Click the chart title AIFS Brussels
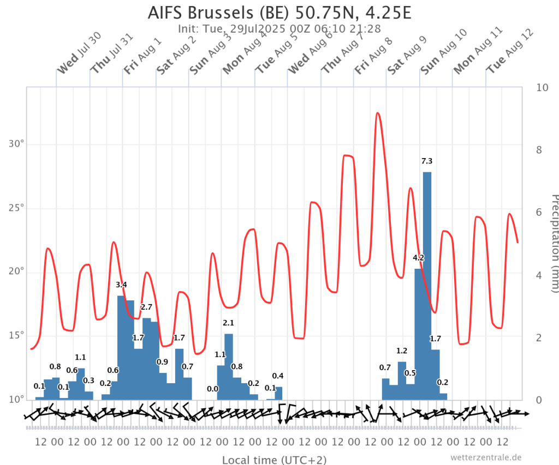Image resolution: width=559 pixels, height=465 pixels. click(200, 13)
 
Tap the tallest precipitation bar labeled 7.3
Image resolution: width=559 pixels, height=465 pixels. click(427, 286)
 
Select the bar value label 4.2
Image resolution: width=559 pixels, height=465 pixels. click(419, 258)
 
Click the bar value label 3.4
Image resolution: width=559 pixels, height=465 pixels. click(121, 285)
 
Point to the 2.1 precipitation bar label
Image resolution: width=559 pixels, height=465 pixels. click(228, 323)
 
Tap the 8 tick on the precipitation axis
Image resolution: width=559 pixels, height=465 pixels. click(539, 150)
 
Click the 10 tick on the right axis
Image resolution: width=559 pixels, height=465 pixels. click(542, 88)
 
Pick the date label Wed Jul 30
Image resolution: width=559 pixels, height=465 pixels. click(79, 53)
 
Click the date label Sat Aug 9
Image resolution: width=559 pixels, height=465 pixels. click(407, 55)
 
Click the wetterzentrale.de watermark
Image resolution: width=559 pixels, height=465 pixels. click(486, 457)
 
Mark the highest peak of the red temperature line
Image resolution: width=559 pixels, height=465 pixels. click(378, 113)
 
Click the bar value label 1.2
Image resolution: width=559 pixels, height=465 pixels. click(402, 351)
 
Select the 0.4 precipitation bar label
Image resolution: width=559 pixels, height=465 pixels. click(278, 376)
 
